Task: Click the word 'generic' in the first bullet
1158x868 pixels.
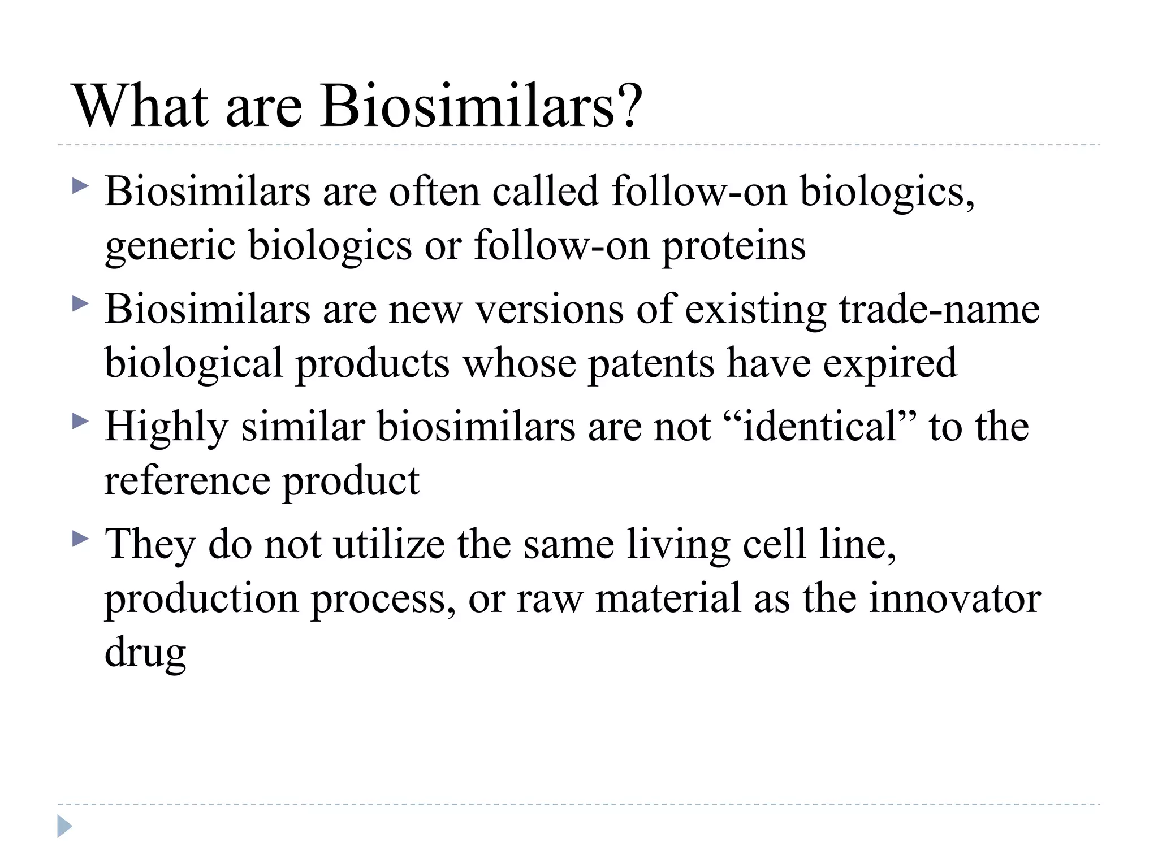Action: pos(170,246)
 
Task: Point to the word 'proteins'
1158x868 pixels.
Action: pos(733,246)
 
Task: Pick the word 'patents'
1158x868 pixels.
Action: pos(651,363)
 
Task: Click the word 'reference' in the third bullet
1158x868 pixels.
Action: pos(187,480)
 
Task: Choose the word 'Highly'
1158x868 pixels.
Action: pos(166,427)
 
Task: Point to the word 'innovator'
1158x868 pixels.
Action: pos(954,598)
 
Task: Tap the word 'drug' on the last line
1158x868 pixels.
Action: pos(145,653)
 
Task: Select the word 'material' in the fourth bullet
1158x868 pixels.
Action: pos(668,598)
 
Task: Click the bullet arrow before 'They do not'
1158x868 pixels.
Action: pos(80,539)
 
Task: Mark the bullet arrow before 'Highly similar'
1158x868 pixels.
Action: pos(80,421)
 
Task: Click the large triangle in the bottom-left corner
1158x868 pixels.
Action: pos(64,826)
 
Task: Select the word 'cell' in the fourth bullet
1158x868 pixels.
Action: pos(774,544)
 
